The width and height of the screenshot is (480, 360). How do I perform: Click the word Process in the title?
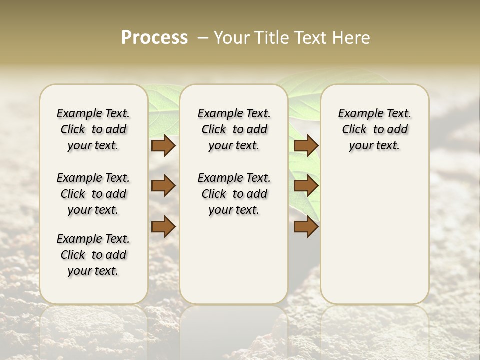(154, 38)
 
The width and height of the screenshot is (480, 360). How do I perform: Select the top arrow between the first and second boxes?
(163, 146)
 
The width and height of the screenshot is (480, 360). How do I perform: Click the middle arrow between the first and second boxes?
(163, 186)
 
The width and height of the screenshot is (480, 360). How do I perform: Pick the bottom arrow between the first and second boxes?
(163, 226)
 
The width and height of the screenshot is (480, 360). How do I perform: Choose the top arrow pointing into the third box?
(306, 146)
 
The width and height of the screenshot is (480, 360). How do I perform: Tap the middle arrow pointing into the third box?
(306, 186)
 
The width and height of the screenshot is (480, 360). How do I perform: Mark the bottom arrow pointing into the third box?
(306, 226)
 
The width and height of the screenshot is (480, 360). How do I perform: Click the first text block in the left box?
(93, 129)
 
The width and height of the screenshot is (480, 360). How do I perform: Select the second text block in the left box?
(93, 194)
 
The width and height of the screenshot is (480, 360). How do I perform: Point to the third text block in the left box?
(93, 255)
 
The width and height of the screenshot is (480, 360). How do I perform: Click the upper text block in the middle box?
(234, 129)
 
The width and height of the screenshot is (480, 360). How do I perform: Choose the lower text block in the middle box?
(234, 194)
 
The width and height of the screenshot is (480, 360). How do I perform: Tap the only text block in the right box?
(374, 129)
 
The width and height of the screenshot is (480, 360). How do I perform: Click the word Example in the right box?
(356, 114)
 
